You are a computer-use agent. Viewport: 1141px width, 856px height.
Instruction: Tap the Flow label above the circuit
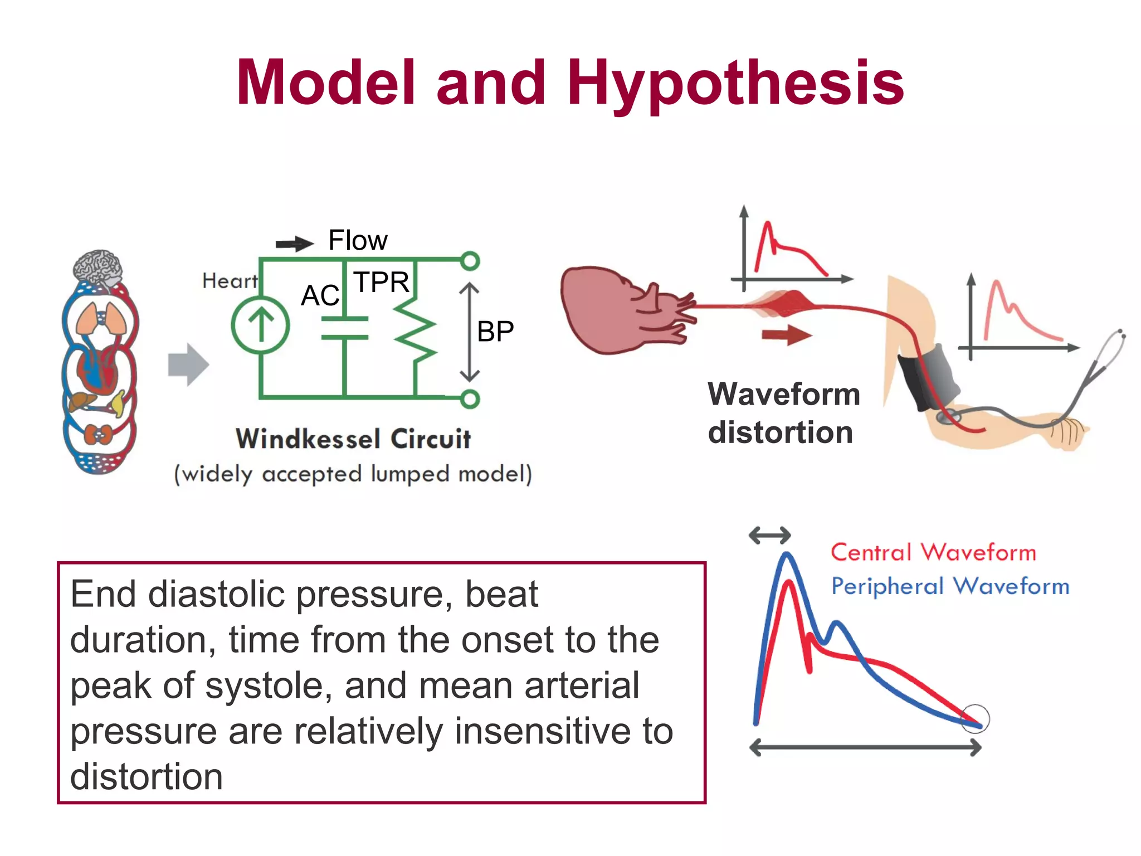click(358, 240)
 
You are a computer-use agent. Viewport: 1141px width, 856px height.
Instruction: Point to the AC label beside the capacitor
click(320, 295)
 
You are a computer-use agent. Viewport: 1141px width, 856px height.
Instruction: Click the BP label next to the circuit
click(495, 332)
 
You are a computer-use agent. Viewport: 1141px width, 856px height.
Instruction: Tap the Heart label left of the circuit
click(230, 280)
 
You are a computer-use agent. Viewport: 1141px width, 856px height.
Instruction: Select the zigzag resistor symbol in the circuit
click(416, 333)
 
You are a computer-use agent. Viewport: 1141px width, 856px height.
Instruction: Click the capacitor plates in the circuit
click(345, 328)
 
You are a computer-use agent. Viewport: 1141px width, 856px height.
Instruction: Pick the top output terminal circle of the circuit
click(470, 261)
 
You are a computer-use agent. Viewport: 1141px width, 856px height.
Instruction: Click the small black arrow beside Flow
click(295, 244)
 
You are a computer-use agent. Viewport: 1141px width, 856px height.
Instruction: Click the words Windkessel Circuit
click(353, 439)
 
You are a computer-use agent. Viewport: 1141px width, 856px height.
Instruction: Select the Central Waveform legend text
click(933, 552)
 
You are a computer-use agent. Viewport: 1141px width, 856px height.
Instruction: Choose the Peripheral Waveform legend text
click(950, 586)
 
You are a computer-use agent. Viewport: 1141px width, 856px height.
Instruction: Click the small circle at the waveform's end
click(976, 718)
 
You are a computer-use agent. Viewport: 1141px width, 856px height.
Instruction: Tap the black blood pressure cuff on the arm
click(928, 379)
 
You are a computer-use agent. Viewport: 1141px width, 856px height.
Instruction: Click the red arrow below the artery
click(787, 335)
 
